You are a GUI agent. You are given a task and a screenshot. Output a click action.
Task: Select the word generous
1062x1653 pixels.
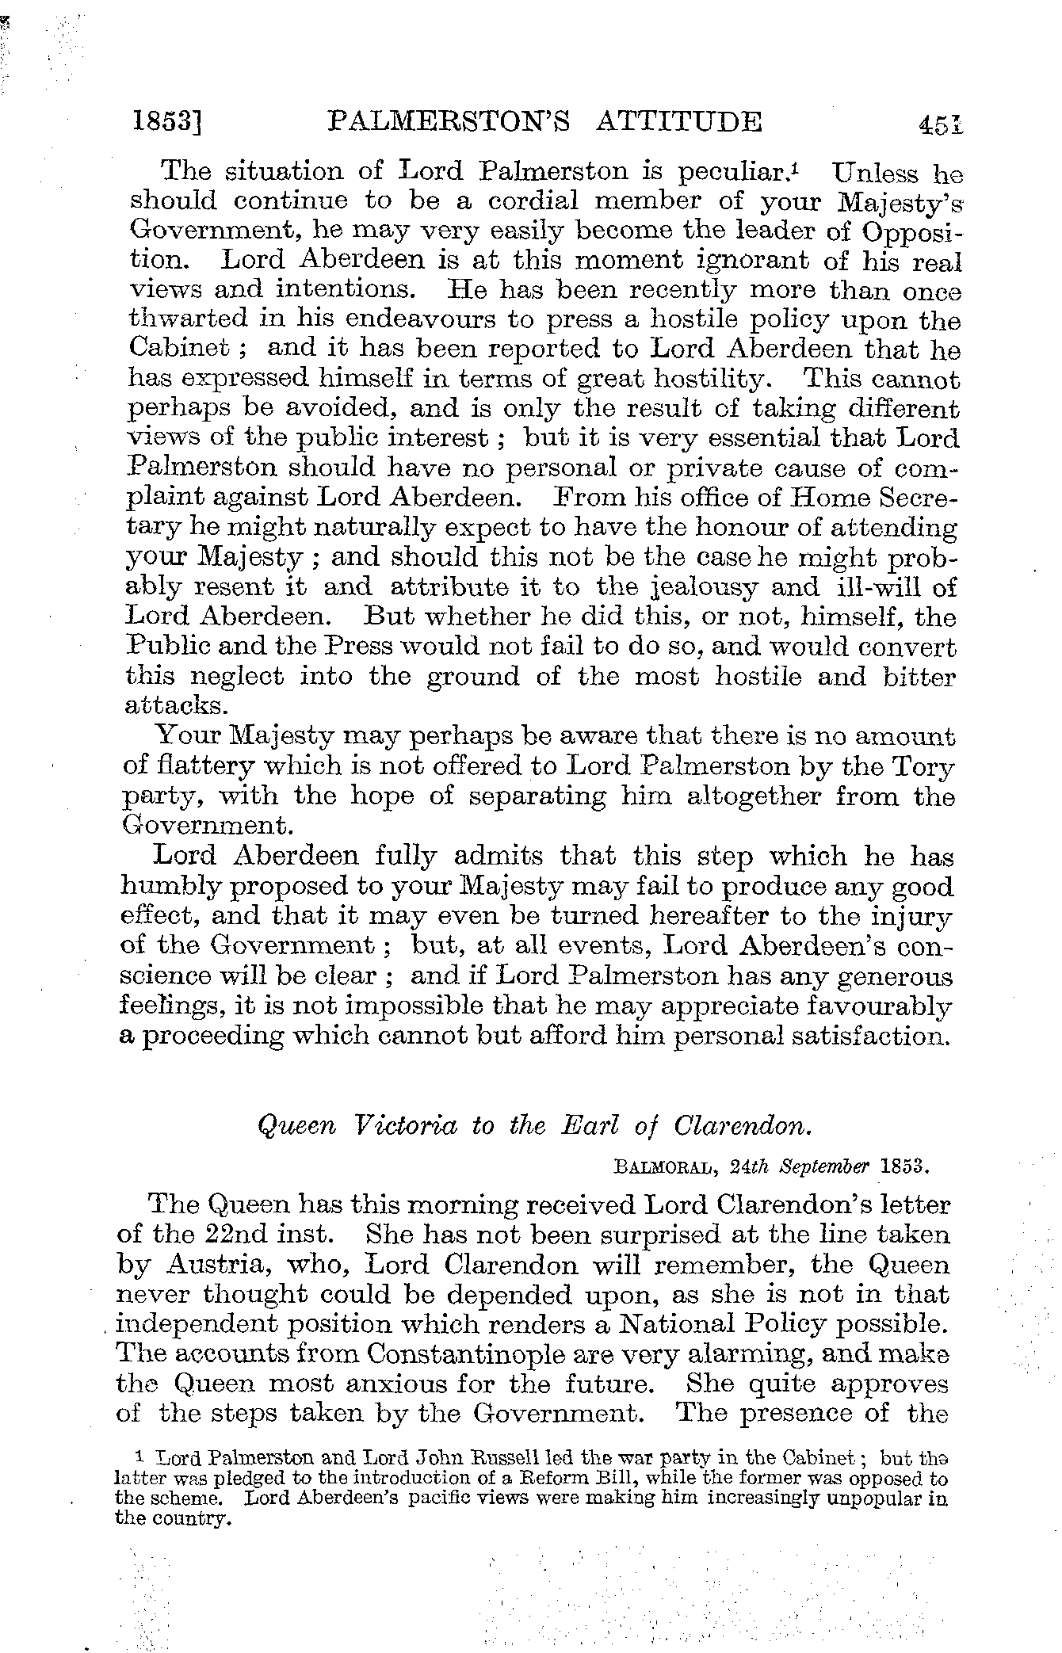click(x=895, y=976)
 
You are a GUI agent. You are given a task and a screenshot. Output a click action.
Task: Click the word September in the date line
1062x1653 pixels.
click(x=815, y=1166)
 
